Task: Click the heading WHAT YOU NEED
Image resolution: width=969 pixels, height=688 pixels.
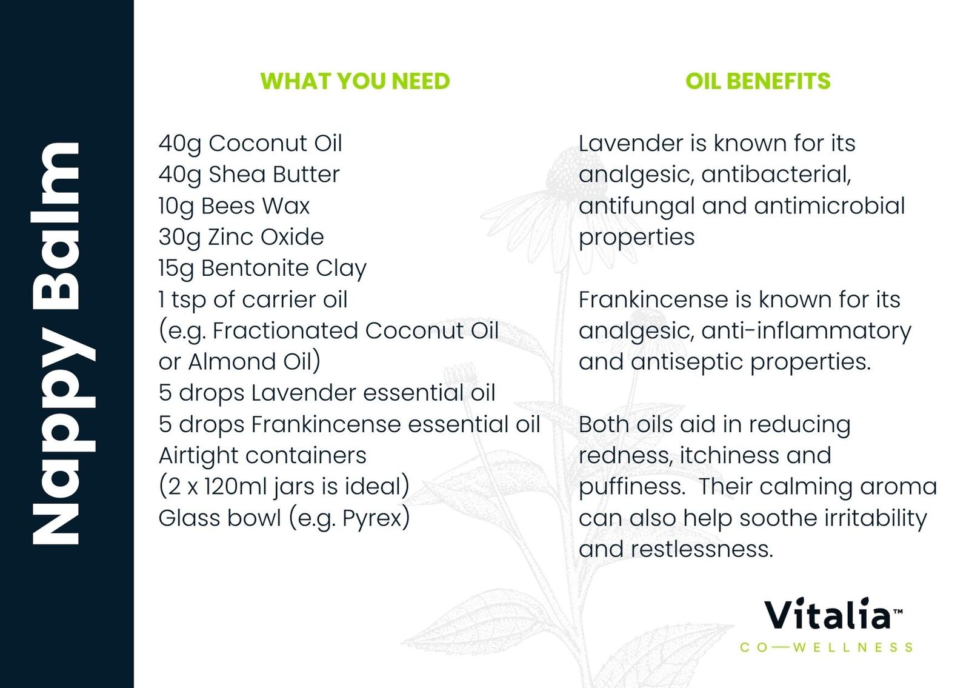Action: coord(355,81)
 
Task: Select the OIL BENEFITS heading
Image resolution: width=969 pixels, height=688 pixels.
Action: coord(758,81)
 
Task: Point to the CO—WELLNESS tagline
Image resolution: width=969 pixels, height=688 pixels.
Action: coord(826,647)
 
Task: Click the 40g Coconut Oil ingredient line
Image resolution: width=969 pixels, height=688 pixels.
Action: coord(250,144)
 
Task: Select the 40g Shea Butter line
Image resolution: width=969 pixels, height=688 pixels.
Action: coord(248,175)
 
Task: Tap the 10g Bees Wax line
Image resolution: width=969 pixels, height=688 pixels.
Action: coord(234,206)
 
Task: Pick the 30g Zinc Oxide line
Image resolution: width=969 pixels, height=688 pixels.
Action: coord(241,237)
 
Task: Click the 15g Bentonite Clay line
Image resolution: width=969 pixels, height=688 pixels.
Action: coord(262,269)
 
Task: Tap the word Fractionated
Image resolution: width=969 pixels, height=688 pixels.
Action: coord(285,330)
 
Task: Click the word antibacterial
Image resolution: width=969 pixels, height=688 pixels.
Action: coord(776,175)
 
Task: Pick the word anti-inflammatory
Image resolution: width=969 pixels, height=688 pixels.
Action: coord(807,331)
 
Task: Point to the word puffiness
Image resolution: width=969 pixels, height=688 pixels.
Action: coord(631,487)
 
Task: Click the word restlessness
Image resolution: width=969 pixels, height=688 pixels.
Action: coord(702,550)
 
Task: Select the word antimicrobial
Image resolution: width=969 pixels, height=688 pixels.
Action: coord(830,206)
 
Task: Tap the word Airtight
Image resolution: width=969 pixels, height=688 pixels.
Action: coord(198,456)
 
